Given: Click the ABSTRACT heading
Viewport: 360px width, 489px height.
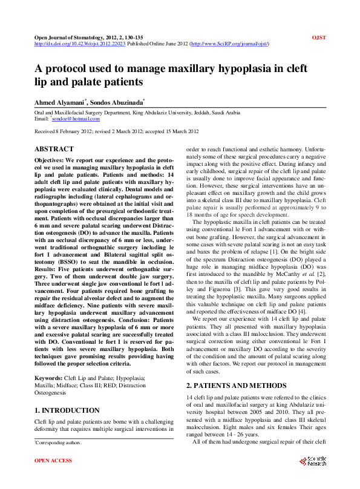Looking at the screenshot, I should (54, 149).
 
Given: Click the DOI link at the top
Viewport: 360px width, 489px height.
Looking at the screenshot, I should (79, 44).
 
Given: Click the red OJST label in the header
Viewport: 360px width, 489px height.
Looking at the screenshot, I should (319, 38).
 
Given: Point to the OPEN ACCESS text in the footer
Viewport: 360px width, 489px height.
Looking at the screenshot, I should (53, 461).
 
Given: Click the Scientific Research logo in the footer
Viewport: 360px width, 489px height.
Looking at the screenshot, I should (312, 461).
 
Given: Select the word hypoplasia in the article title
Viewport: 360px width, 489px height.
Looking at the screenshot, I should (230, 68).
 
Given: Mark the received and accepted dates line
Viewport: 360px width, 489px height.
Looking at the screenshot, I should (117, 131).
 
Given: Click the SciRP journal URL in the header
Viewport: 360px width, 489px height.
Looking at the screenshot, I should (230, 44).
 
